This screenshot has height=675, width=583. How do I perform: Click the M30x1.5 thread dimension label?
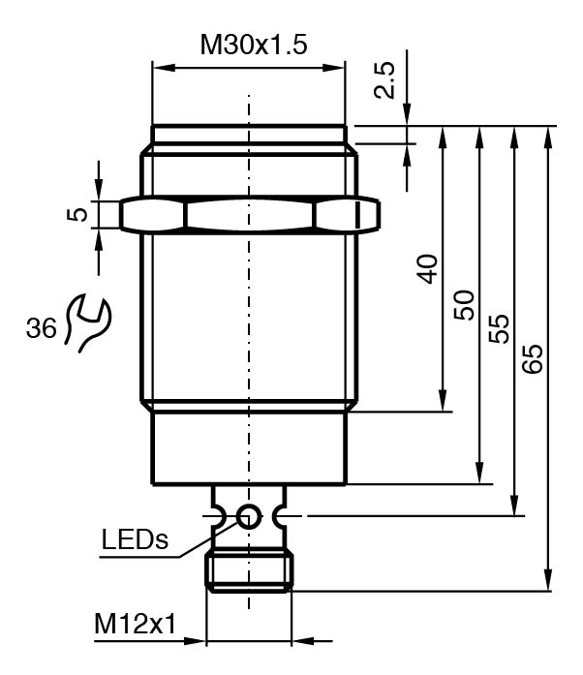(254, 45)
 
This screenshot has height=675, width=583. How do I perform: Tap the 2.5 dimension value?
(384, 80)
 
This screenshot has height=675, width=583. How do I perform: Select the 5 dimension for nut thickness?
(77, 214)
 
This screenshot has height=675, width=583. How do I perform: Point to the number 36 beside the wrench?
(41, 328)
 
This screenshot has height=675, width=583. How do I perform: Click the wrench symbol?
(88, 322)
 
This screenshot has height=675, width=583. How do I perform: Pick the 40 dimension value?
(427, 269)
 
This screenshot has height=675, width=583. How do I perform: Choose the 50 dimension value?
(464, 305)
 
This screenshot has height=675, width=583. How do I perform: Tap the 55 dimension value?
(499, 329)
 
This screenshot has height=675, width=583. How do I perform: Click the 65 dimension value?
(533, 358)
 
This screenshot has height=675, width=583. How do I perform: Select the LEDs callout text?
(135, 539)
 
